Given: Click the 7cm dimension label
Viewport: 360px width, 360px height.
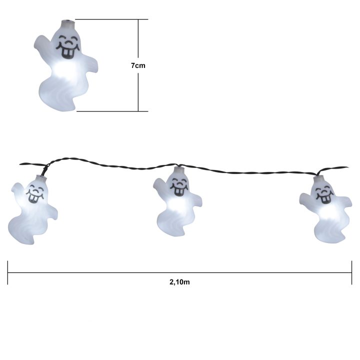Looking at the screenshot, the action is coord(138,65).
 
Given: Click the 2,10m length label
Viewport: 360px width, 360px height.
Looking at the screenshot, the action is coord(179,282).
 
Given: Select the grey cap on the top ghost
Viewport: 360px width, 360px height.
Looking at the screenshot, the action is coord(68,23).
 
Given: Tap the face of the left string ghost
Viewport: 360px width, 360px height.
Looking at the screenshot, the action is coord(35,194).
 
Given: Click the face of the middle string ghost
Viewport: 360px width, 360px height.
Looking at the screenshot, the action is coord(179,186).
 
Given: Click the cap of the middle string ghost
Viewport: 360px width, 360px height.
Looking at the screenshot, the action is coord(179,170).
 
